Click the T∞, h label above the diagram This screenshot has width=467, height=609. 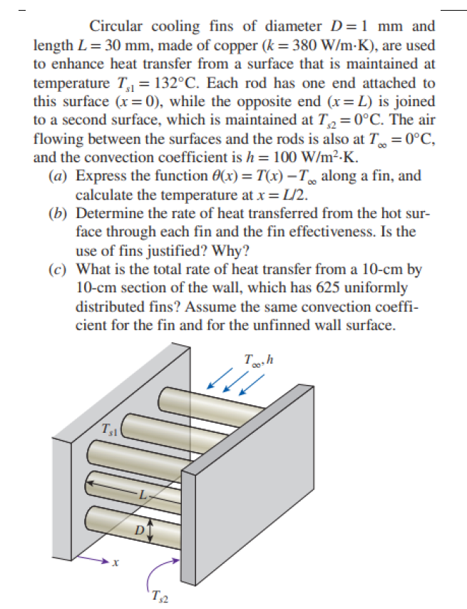click(x=258, y=360)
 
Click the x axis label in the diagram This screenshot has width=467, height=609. click(x=115, y=563)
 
